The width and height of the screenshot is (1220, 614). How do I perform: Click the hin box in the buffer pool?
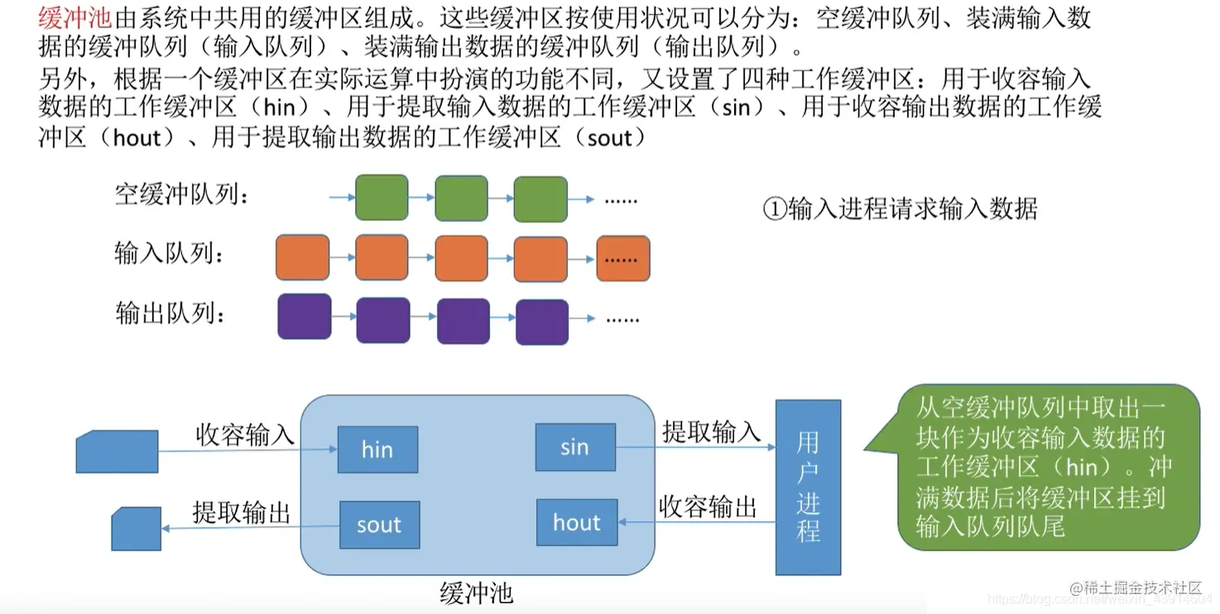pyautogui.click(x=377, y=449)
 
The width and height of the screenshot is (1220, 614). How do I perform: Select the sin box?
pyautogui.click(x=575, y=448)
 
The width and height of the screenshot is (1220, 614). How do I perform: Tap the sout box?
pyautogui.click(x=379, y=525)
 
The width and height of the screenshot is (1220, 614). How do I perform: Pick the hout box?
pyautogui.click(x=577, y=522)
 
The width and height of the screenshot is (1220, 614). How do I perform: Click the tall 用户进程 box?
pyautogui.click(x=808, y=487)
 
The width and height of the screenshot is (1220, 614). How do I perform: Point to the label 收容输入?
pyautogui.click(x=245, y=434)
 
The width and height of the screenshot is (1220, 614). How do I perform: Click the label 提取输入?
pyautogui.click(x=711, y=431)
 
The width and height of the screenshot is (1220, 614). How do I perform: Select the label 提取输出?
pyautogui.click(x=242, y=511)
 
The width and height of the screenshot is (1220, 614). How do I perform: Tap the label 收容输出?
pyautogui.click(x=708, y=506)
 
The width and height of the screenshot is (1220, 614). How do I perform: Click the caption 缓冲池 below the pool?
pyautogui.click(x=477, y=592)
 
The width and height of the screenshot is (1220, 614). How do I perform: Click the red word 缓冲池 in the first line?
pyautogui.click(x=74, y=18)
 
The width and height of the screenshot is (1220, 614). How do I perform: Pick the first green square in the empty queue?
pyautogui.click(x=382, y=198)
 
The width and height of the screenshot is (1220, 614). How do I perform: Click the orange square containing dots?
pyautogui.click(x=623, y=258)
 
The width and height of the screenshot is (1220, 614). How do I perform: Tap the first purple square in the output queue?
pyautogui.click(x=304, y=316)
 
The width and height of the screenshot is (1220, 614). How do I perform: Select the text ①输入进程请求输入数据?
pyautogui.click(x=900, y=208)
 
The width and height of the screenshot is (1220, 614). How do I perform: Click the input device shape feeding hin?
pyautogui.click(x=118, y=451)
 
